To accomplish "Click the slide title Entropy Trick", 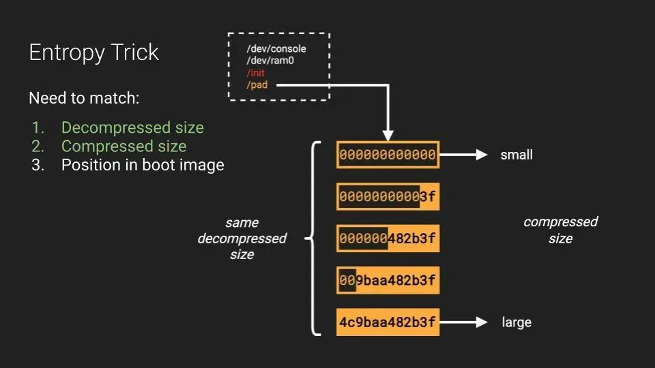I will point(93,52).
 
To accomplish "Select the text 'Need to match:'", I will point(84,98).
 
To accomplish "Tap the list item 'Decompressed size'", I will point(132,127).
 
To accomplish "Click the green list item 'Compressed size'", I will point(123,146).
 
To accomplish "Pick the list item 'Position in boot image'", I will point(143,165).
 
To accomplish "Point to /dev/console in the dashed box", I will point(276,49).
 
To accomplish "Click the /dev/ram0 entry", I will point(270,61).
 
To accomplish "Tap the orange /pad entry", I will point(258,85).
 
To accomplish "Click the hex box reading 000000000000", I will point(388,155).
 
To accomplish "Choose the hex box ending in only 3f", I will point(388,197).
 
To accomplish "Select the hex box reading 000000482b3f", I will point(388,239).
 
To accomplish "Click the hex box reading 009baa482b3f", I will point(388,280).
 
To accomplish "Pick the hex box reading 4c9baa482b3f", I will point(388,322).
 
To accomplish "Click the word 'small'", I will point(516,155).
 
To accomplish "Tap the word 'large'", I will point(516,322).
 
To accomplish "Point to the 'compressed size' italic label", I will point(560,230).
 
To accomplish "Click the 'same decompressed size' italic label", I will point(242,239).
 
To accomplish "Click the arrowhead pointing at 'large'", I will point(482,322).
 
